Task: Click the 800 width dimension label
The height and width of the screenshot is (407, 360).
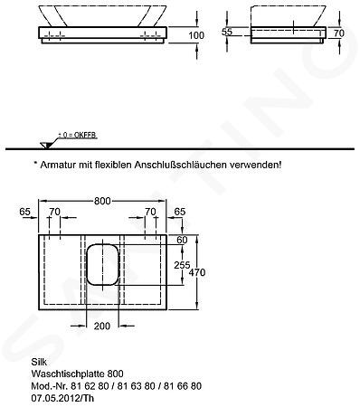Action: click(102, 201)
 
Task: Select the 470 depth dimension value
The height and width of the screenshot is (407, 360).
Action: click(197, 272)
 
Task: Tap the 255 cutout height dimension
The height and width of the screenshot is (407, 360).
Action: click(182, 265)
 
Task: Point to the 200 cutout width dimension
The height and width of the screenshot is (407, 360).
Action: click(102, 326)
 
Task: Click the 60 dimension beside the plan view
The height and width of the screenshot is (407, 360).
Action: click(182, 240)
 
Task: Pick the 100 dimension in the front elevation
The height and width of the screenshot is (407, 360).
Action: click(196, 35)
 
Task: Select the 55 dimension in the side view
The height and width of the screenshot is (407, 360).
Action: click(227, 32)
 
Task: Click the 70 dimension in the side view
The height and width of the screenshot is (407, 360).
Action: click(339, 33)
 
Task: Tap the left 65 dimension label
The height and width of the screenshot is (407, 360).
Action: click(25, 212)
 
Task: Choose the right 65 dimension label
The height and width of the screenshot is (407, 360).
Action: click(180, 212)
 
